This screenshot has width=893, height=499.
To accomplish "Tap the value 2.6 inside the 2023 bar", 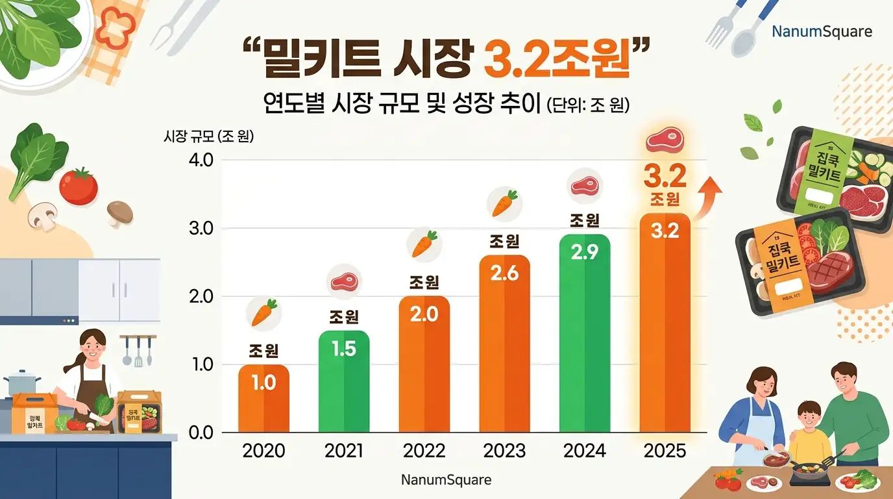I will [504, 274].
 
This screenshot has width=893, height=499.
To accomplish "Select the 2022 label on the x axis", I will [424, 451].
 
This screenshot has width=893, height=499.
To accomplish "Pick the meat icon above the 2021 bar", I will [344, 281].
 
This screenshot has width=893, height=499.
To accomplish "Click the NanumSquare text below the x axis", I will [446, 480].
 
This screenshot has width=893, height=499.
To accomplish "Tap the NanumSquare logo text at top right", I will [822, 32].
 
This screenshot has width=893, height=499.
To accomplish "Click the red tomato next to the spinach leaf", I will [79, 186].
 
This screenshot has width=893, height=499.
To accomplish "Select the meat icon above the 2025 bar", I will [664, 142].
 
